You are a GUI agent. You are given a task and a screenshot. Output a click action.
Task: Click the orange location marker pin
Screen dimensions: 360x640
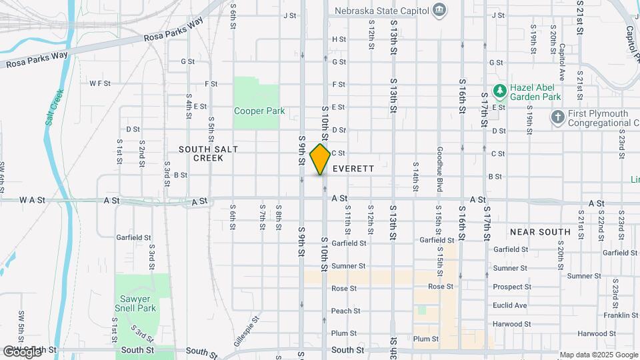[321, 159]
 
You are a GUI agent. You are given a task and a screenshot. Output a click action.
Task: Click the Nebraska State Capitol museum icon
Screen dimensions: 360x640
[439, 9]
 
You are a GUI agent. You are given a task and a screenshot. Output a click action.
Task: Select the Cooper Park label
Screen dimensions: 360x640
[259, 111]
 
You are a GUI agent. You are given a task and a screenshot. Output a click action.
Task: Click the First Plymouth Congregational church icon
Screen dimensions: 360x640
[558, 117]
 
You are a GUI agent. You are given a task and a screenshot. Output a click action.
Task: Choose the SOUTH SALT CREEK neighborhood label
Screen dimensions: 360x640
[208, 153]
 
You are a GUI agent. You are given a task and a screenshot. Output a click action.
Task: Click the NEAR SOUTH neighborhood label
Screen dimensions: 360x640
[540, 232]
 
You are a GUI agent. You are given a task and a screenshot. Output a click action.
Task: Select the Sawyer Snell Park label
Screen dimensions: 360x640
[139, 303]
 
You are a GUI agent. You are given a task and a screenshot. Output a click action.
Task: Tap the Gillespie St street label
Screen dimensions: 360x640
[245, 329]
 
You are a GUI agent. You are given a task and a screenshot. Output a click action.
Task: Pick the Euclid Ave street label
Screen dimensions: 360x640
[509, 305]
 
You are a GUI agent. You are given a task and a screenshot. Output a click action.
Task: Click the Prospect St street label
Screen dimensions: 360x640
[509, 287]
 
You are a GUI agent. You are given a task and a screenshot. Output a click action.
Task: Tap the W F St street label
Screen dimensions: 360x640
[99, 83]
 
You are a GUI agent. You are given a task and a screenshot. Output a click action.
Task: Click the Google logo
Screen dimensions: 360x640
[22, 351]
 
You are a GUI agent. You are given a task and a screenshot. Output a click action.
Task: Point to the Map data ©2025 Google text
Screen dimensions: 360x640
[598, 355]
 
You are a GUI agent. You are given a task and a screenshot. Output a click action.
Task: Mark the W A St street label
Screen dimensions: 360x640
[32, 199]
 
